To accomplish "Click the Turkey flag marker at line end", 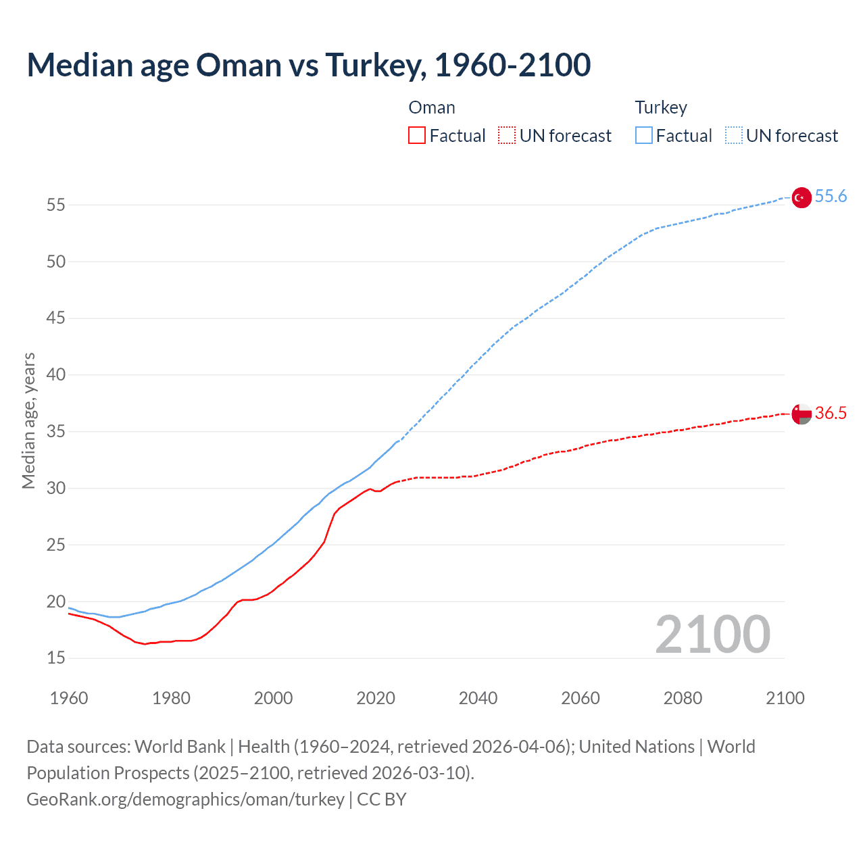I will (801, 197).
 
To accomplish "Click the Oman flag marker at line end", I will (801, 414).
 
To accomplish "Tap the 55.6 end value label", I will (831, 197).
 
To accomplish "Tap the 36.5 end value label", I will (831, 414).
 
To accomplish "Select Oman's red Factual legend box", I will (417, 136).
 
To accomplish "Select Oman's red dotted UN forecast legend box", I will (507, 136).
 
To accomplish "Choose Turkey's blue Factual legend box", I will (643, 136).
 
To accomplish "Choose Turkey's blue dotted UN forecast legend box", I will (733, 136).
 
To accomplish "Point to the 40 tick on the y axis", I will (56, 375).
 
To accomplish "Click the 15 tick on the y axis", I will (56, 658).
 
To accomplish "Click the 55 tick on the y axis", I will (56, 205).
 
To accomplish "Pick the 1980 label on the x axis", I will (171, 698).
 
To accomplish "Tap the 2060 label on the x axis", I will (580, 698).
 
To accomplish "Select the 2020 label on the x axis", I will (376, 698).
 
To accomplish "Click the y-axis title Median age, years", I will (28, 420).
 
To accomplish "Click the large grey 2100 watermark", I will (712, 635).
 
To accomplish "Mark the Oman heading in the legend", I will (432, 108).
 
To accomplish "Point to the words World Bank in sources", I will (180, 747).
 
